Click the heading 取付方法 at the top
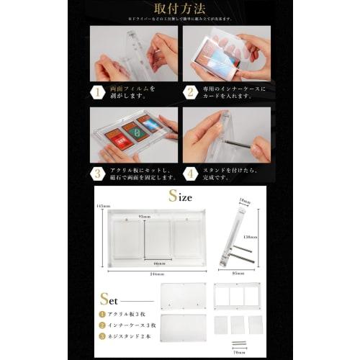pos(180,9)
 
